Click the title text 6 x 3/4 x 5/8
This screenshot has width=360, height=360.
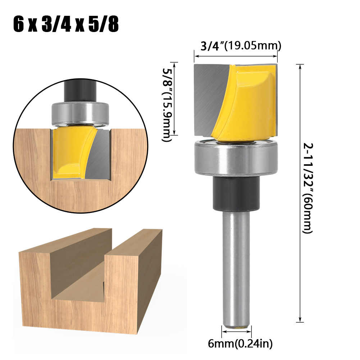(x=66, y=24)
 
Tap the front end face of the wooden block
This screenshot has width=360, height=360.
(x=36, y=288)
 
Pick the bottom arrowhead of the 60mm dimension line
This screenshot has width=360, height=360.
(x=300, y=320)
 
